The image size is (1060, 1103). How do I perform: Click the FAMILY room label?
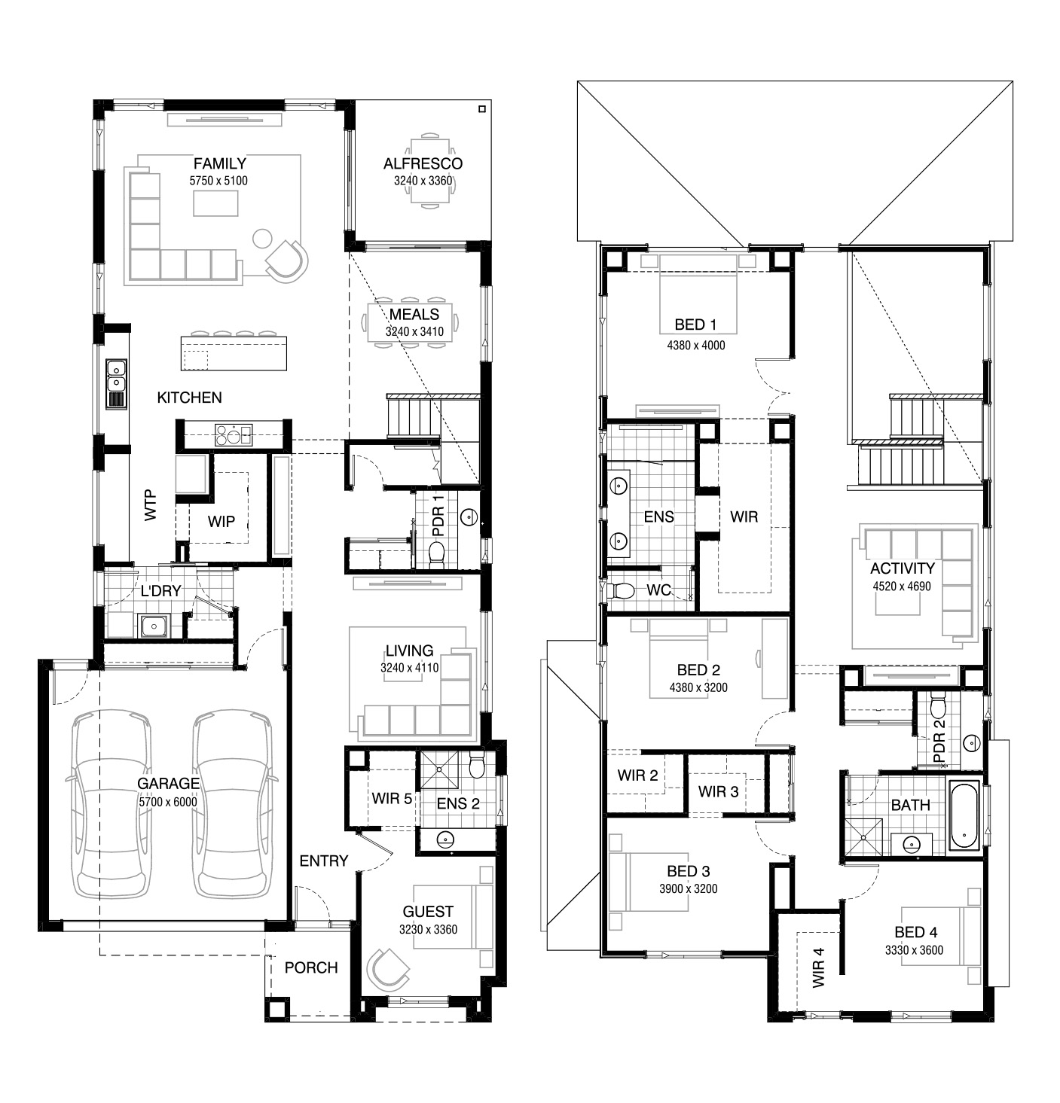click(x=219, y=164)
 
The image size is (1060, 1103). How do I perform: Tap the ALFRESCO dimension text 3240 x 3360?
click(x=423, y=181)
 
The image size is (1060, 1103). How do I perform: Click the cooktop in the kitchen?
click(x=233, y=434)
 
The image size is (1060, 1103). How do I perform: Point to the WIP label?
click(x=221, y=522)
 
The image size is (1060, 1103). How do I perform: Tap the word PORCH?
click(x=311, y=967)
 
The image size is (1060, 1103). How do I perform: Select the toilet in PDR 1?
click(x=437, y=554)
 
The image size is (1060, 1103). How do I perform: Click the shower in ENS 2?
click(x=438, y=769)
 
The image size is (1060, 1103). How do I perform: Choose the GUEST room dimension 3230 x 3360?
click(x=428, y=929)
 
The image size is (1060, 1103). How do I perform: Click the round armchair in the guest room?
click(x=389, y=968)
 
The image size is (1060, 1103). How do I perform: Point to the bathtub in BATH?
click(x=965, y=815)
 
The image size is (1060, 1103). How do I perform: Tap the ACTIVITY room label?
click(x=903, y=568)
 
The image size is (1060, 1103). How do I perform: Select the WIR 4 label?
click(x=818, y=967)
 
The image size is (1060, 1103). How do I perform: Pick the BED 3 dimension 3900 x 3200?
click(x=688, y=888)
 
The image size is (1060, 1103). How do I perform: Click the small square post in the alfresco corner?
click(x=481, y=109)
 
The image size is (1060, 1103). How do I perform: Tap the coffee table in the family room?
click(x=215, y=203)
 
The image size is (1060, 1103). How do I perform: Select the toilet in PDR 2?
click(x=937, y=705)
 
